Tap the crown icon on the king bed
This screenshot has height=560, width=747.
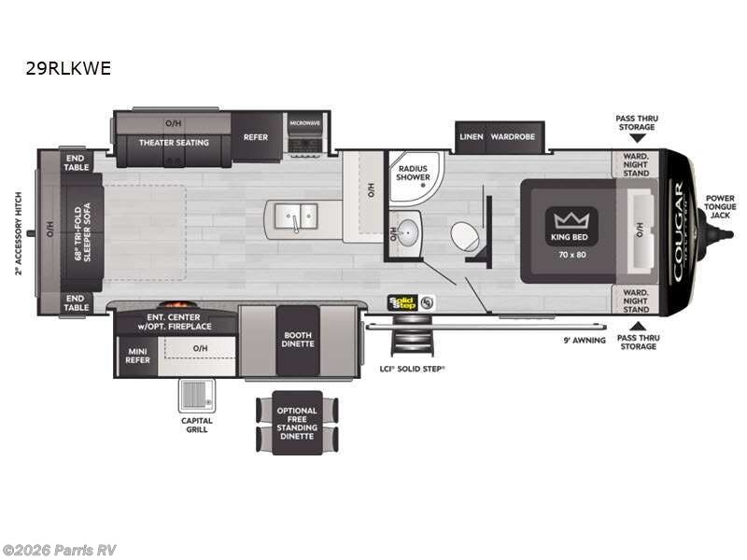coord(567,221)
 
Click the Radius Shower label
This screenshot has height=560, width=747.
coord(412,173)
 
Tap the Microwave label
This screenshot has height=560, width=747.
coord(304,123)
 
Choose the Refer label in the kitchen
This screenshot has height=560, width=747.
coord(256,137)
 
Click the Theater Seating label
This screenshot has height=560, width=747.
coord(174,143)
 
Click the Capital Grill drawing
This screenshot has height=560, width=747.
coord(197,396)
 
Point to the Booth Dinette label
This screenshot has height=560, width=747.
coord(299,340)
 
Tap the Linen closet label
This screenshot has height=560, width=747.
coord(472,137)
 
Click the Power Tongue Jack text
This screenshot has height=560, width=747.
coord(720,206)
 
